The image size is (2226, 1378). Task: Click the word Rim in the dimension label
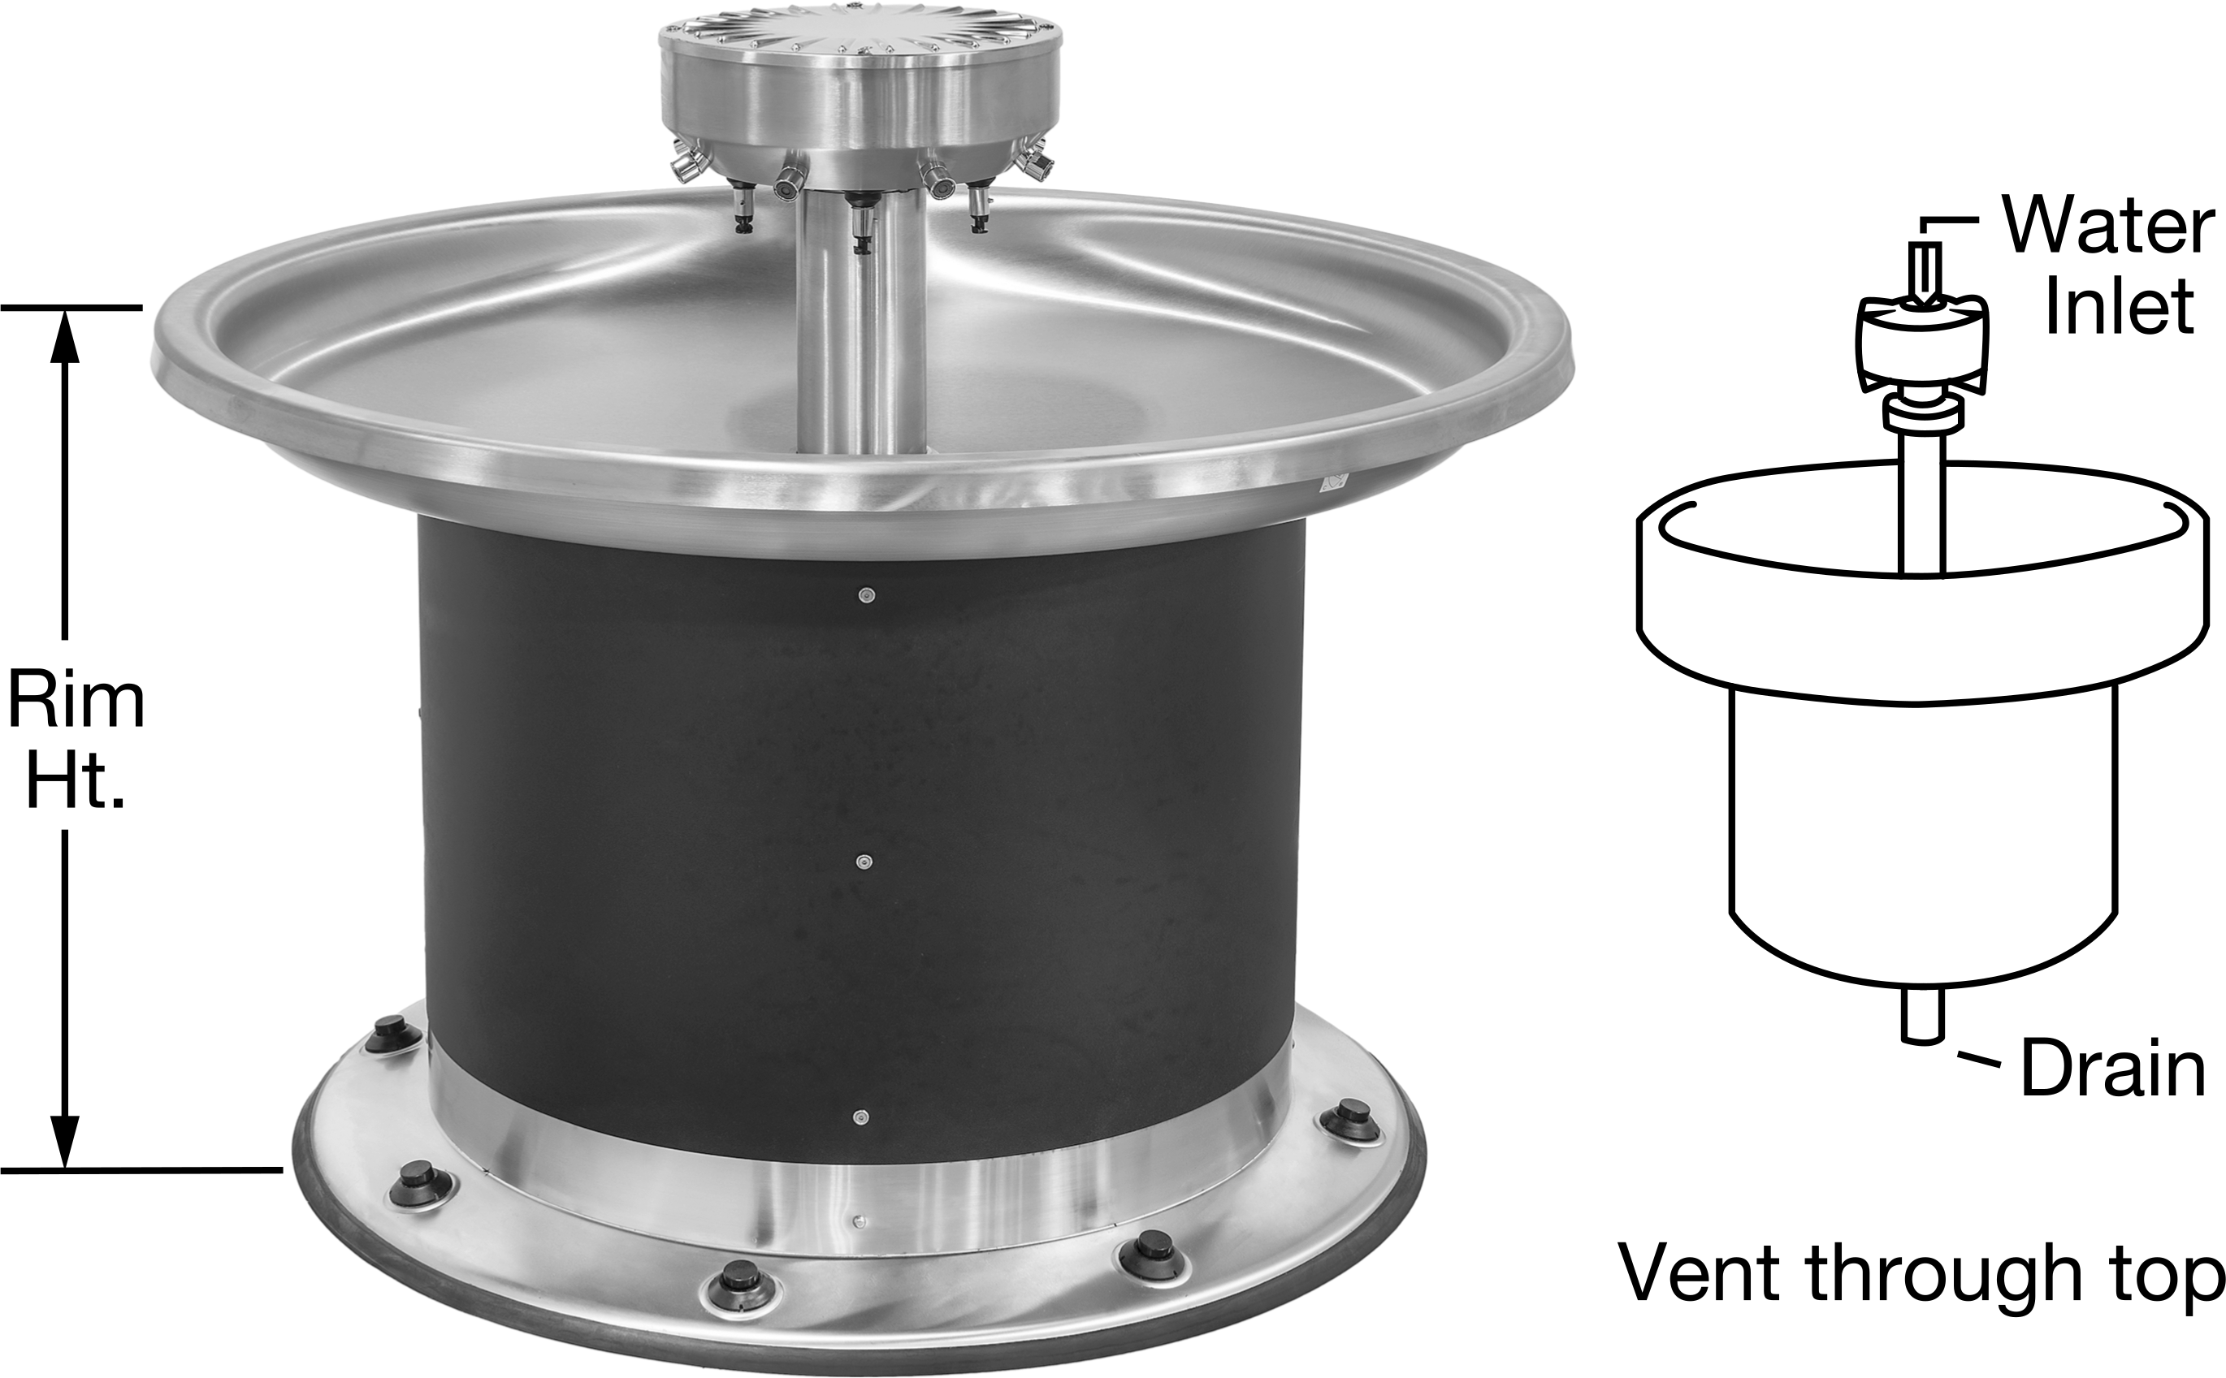[x=76, y=702]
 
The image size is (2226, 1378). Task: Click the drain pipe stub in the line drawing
[x=1922, y=1015]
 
